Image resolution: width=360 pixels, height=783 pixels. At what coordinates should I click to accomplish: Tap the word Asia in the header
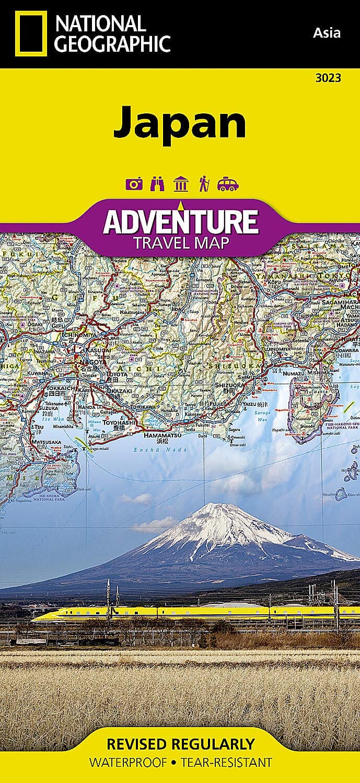pos(327,33)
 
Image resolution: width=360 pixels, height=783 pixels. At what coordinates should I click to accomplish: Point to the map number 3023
pos(329,78)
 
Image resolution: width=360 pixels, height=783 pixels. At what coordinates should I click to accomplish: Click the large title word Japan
pos(180,122)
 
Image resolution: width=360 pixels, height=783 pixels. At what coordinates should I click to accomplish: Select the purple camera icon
pos(134,184)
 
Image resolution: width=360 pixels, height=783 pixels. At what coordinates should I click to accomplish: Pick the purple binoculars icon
pos(157,184)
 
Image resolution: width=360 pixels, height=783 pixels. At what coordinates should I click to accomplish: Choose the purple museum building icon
pos(180,184)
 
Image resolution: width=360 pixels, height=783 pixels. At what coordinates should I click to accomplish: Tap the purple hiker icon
pos(203,184)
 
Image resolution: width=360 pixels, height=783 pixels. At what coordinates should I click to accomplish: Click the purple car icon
pos(228,184)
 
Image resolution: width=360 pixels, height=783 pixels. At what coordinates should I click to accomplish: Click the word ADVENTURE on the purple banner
pos(180,221)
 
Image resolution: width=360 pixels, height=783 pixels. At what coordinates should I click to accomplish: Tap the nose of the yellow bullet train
pos(36,617)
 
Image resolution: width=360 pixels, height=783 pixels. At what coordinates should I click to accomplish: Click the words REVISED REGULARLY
pos(180,743)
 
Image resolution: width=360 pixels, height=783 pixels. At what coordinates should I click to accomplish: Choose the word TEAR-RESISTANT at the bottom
pos(226,763)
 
